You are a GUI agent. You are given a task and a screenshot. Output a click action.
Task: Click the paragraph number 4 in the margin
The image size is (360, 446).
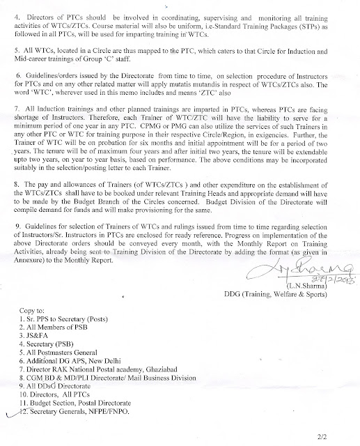(10, 6)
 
